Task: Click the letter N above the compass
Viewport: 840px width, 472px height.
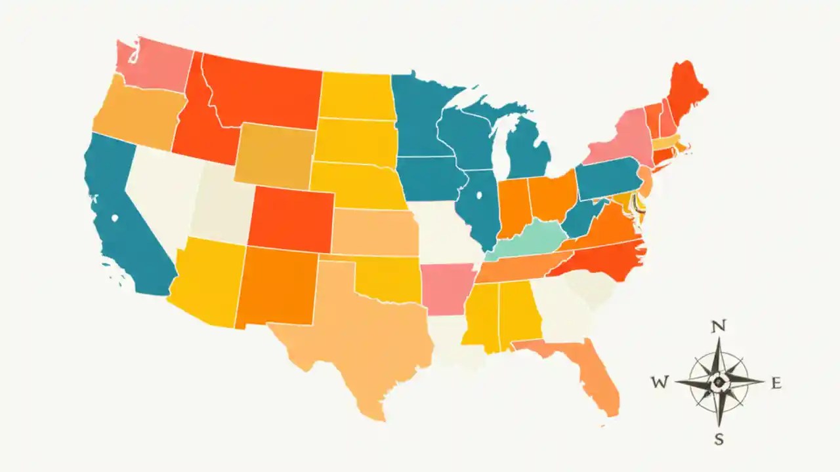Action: click(719, 326)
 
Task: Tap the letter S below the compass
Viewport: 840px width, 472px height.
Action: click(719, 440)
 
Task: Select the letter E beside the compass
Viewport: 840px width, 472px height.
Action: click(776, 383)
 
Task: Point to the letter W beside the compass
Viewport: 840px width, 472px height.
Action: click(660, 383)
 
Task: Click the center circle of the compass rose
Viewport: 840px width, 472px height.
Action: click(719, 381)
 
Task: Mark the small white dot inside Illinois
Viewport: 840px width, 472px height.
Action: click(478, 195)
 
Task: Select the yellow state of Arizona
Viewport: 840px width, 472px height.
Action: click(206, 282)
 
